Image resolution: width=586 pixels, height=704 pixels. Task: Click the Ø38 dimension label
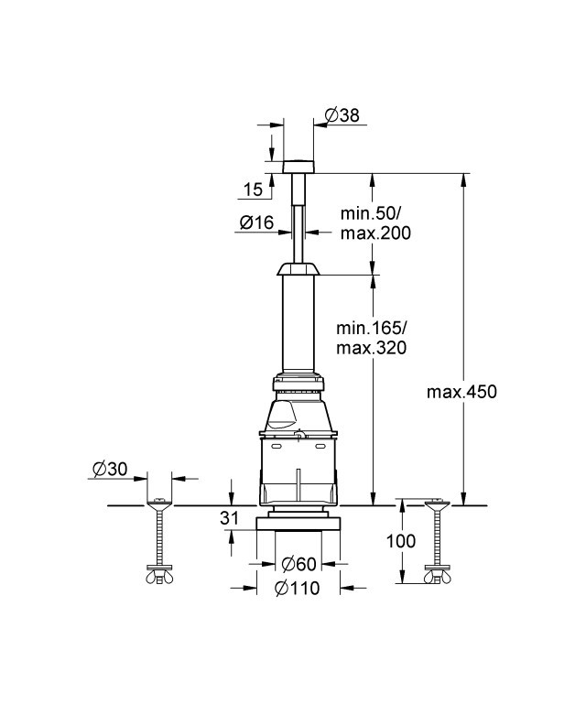342,115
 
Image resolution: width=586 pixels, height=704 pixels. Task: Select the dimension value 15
254,190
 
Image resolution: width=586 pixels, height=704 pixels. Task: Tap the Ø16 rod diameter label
256,222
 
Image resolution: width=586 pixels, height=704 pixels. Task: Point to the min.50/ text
367,213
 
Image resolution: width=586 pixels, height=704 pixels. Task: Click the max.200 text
375,233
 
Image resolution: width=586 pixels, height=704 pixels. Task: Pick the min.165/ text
372,329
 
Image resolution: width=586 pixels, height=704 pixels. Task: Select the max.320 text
372,348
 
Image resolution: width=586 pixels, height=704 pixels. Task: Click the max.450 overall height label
461,392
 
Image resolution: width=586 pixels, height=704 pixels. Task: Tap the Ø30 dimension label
110,470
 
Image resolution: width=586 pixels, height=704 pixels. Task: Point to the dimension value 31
229,518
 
